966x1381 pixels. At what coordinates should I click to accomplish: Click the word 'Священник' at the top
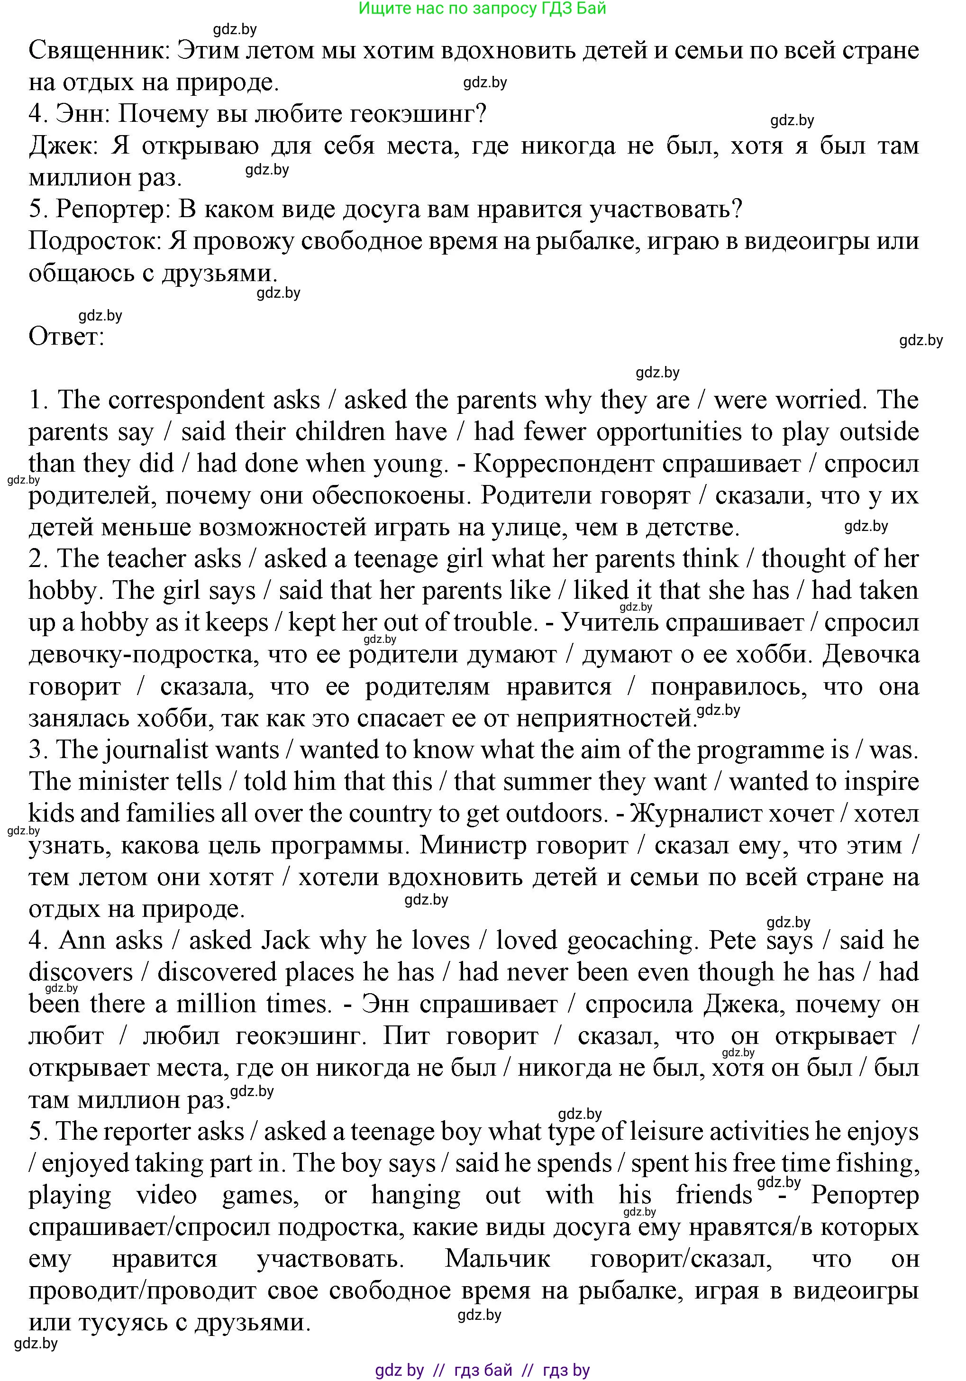99,51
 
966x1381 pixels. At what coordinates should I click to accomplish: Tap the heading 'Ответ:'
66,336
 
